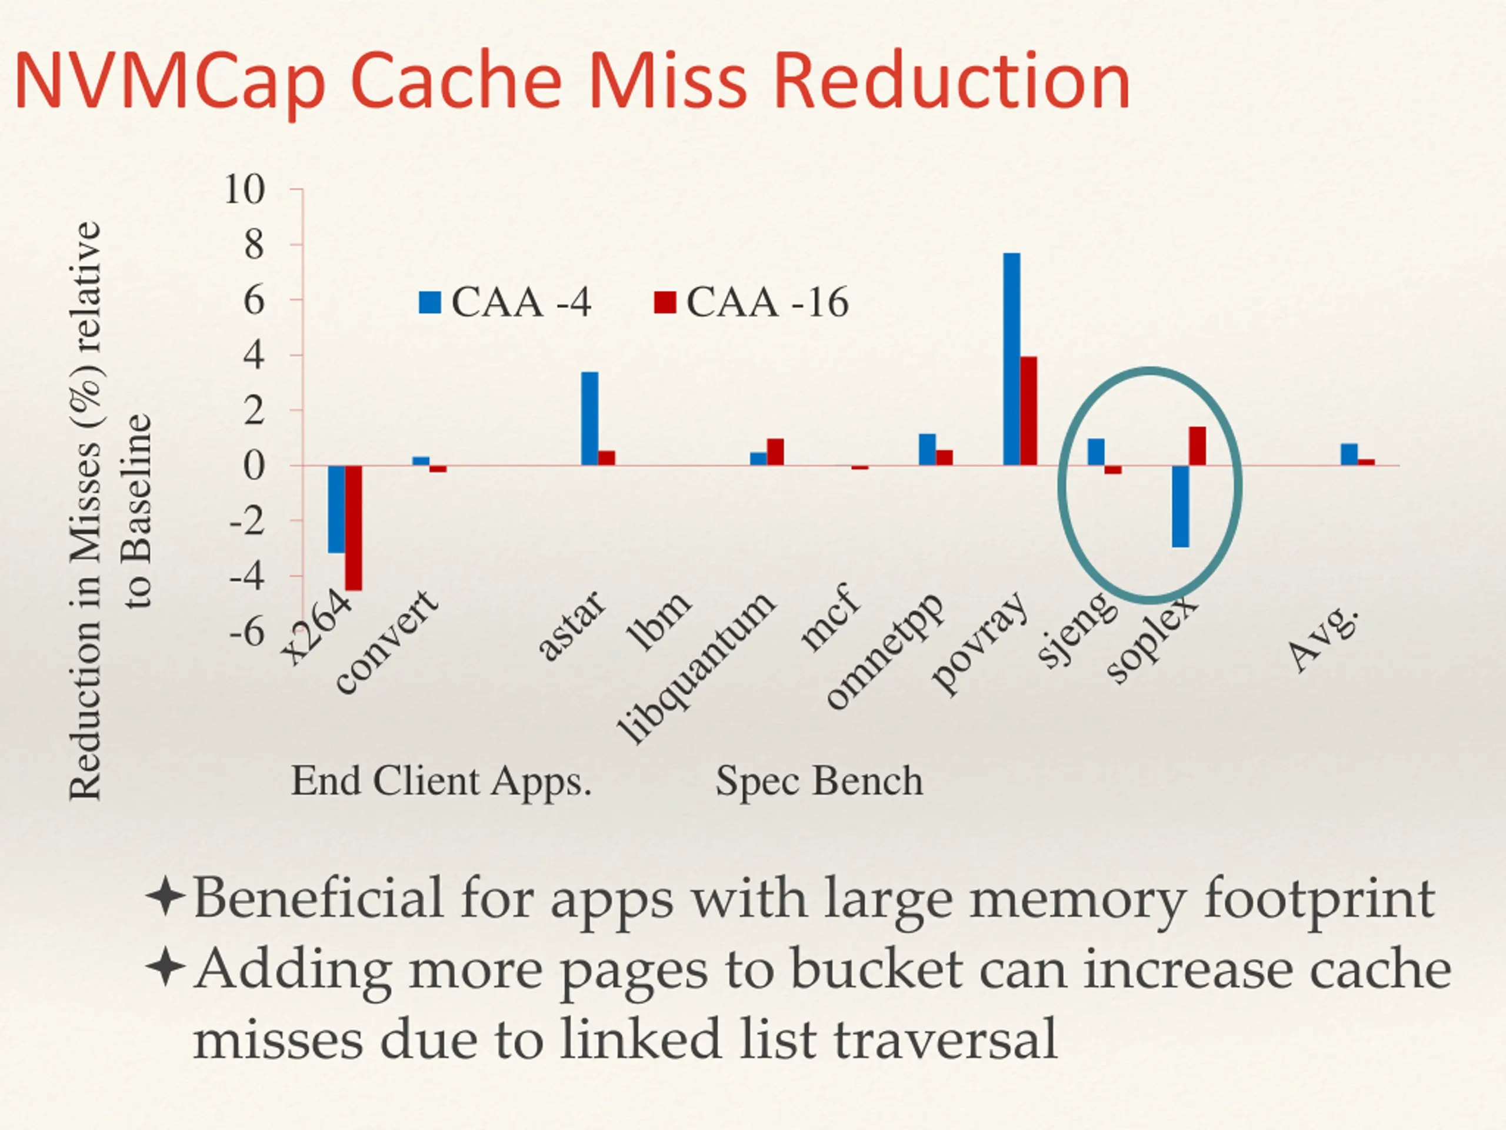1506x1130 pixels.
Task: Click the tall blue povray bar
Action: pyautogui.click(x=1011, y=359)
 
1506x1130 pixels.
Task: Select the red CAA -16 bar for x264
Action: pyautogui.click(x=354, y=528)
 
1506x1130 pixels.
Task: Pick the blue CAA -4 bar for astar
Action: pyautogui.click(x=589, y=418)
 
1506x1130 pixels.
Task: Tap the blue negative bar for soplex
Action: pyautogui.click(x=1180, y=506)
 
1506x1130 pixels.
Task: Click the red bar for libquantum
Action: pyautogui.click(x=775, y=452)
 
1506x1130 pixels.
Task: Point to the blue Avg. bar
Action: pyautogui.click(x=1349, y=454)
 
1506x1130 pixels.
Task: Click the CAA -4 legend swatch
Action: pyautogui.click(x=430, y=303)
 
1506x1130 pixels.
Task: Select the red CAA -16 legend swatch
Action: pyautogui.click(x=665, y=303)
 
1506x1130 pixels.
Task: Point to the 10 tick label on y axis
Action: pyautogui.click(x=244, y=190)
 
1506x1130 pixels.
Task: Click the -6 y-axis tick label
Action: pyautogui.click(x=246, y=633)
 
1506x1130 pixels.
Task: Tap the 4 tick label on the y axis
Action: pyautogui.click(x=254, y=355)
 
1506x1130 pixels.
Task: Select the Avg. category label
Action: pyautogui.click(x=1324, y=639)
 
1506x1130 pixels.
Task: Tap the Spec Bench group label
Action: pyautogui.click(x=819, y=781)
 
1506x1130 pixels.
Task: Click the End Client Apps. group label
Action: pyautogui.click(x=441, y=781)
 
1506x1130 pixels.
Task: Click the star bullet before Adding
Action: pyautogui.click(x=165, y=968)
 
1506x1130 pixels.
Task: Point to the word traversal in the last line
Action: pyautogui.click(x=945, y=1039)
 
